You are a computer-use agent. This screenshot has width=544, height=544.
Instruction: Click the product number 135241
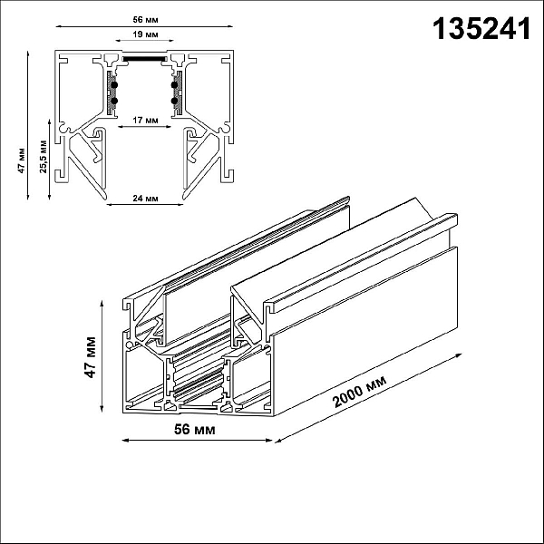481,29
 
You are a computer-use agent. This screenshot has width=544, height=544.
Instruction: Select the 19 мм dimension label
145,34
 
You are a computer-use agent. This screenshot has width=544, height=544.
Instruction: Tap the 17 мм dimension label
145,120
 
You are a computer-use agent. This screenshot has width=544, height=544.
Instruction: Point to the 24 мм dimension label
145,199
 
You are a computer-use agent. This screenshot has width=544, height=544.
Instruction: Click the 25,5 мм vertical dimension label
44,156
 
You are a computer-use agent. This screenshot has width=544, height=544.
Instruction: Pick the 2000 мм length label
359,392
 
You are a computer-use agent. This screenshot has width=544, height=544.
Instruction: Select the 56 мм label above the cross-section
145,20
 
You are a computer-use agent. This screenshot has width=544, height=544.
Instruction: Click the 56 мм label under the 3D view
194,429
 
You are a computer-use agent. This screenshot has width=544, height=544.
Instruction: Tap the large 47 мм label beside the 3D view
90,357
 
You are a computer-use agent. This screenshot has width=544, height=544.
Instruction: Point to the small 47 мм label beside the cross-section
22,160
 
